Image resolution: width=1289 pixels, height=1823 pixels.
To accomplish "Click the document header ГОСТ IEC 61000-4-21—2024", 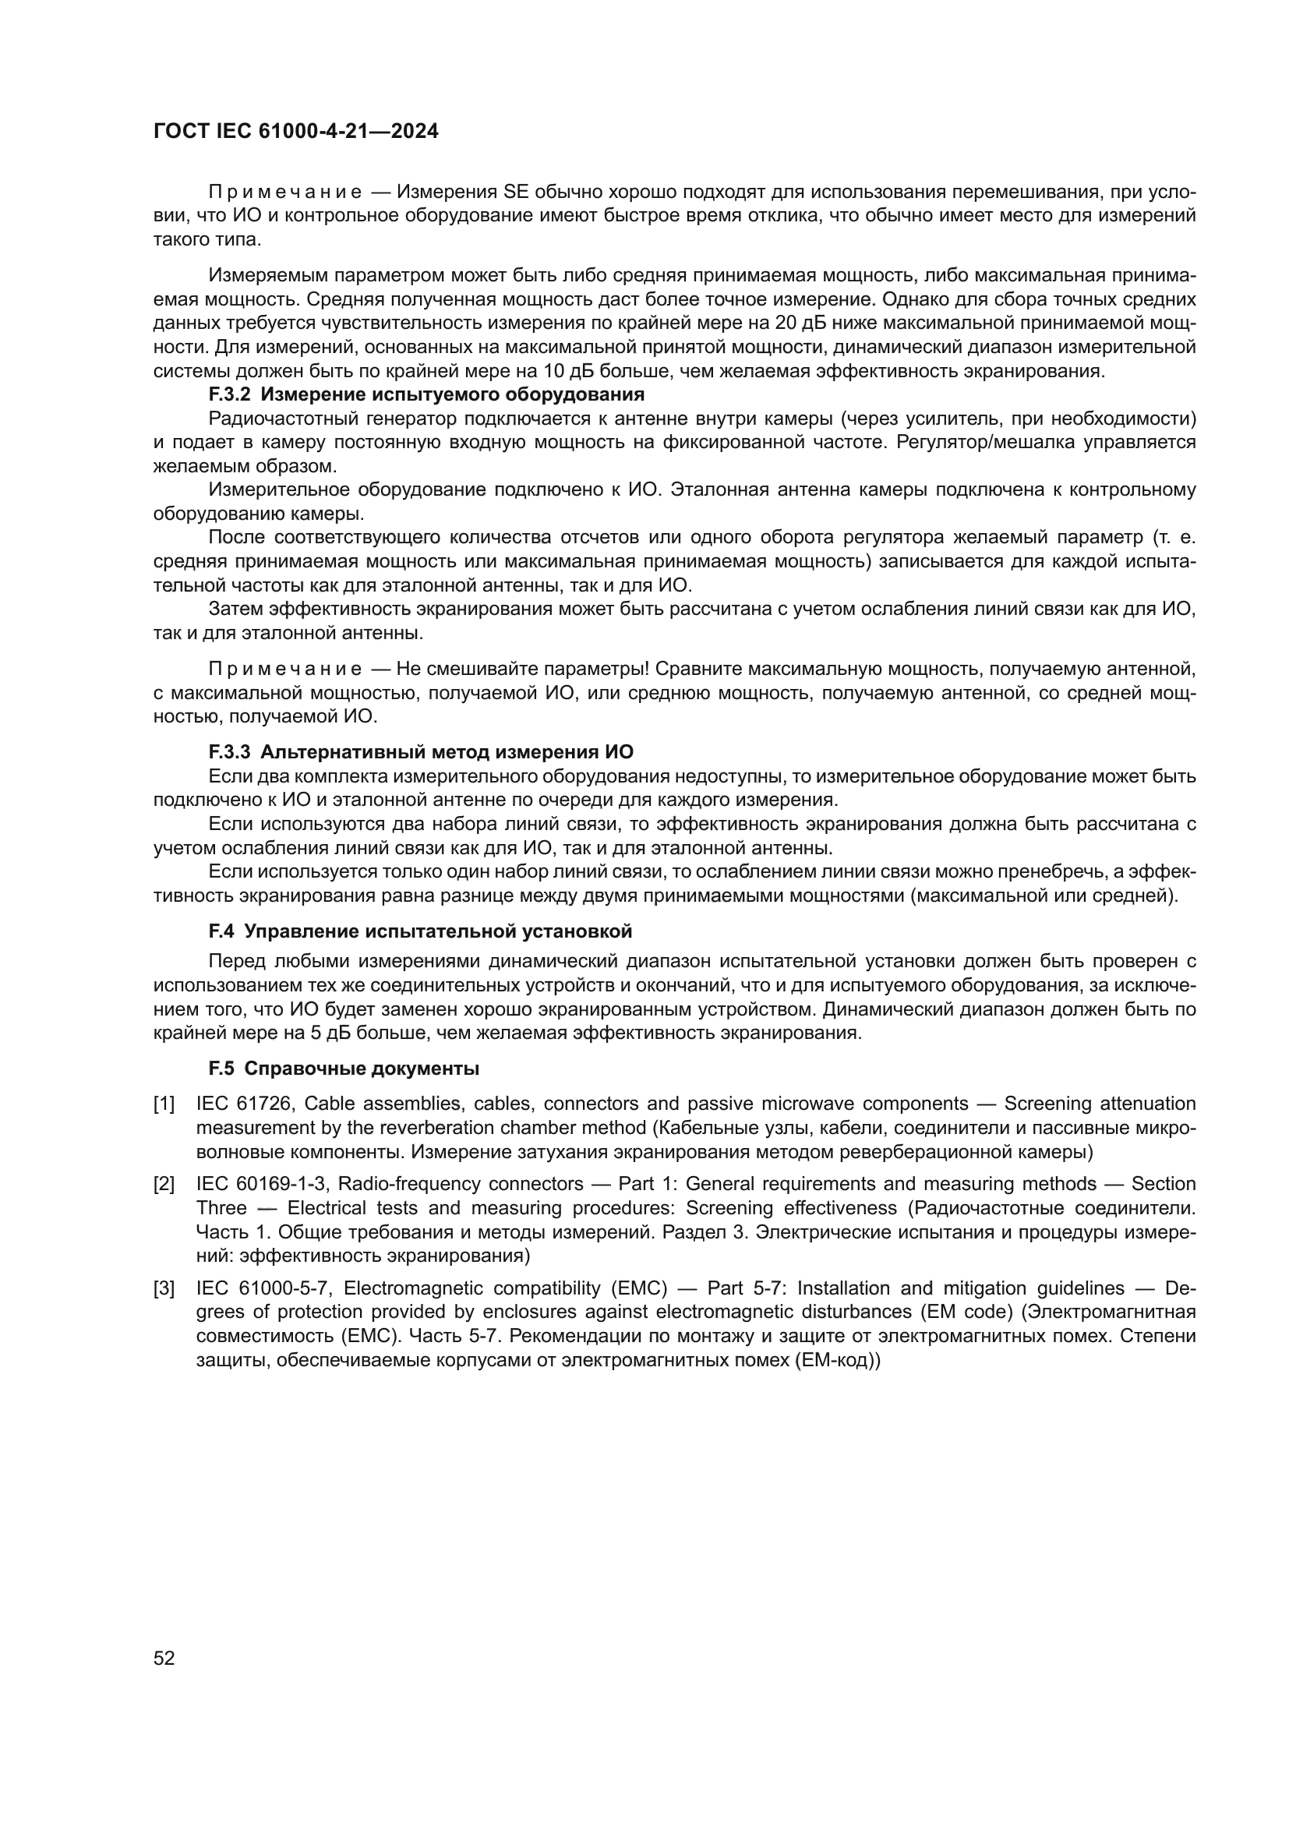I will pos(295,131).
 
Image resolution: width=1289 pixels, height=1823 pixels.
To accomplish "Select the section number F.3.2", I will pos(229,394).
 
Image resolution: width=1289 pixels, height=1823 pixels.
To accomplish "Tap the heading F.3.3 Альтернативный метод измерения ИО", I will pos(421,752).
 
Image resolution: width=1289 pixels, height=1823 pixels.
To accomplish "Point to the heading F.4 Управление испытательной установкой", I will pos(420,931).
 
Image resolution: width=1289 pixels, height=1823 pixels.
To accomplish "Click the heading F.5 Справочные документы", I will pos(344,1069).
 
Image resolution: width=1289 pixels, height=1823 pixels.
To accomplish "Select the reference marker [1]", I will pos(164,1104).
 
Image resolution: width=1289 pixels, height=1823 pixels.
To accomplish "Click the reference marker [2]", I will pos(164,1185).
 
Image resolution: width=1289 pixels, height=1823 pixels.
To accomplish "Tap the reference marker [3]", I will pos(164,1288).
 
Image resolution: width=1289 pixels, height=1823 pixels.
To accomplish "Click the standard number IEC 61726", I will pos(245,1104).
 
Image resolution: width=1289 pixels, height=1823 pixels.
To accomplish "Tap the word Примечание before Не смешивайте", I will pos(285,669).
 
